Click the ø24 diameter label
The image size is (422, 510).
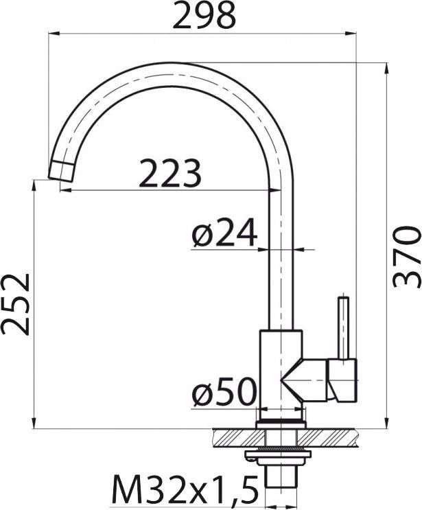coord(224,235)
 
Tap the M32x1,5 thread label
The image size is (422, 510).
coord(185,490)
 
